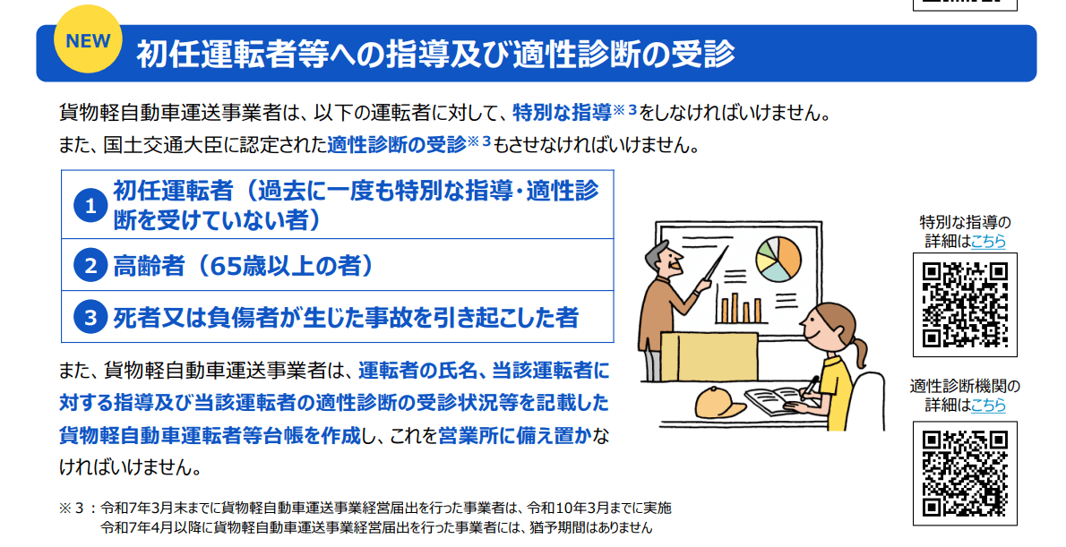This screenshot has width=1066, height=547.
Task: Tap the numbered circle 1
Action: tap(90, 205)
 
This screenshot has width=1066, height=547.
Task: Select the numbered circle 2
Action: tap(90, 266)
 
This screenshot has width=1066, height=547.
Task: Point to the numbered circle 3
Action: tap(90, 317)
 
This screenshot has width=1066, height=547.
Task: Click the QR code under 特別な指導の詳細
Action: tap(965, 304)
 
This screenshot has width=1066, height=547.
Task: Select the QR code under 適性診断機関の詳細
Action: tap(965, 473)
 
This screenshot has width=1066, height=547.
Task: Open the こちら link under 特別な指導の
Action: tap(988, 241)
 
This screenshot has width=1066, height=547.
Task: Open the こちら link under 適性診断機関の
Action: tap(988, 405)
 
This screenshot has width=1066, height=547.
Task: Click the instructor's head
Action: tap(663, 261)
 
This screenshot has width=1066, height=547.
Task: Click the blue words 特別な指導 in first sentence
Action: tap(563, 113)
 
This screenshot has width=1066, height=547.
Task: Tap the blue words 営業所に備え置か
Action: tap(515, 436)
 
